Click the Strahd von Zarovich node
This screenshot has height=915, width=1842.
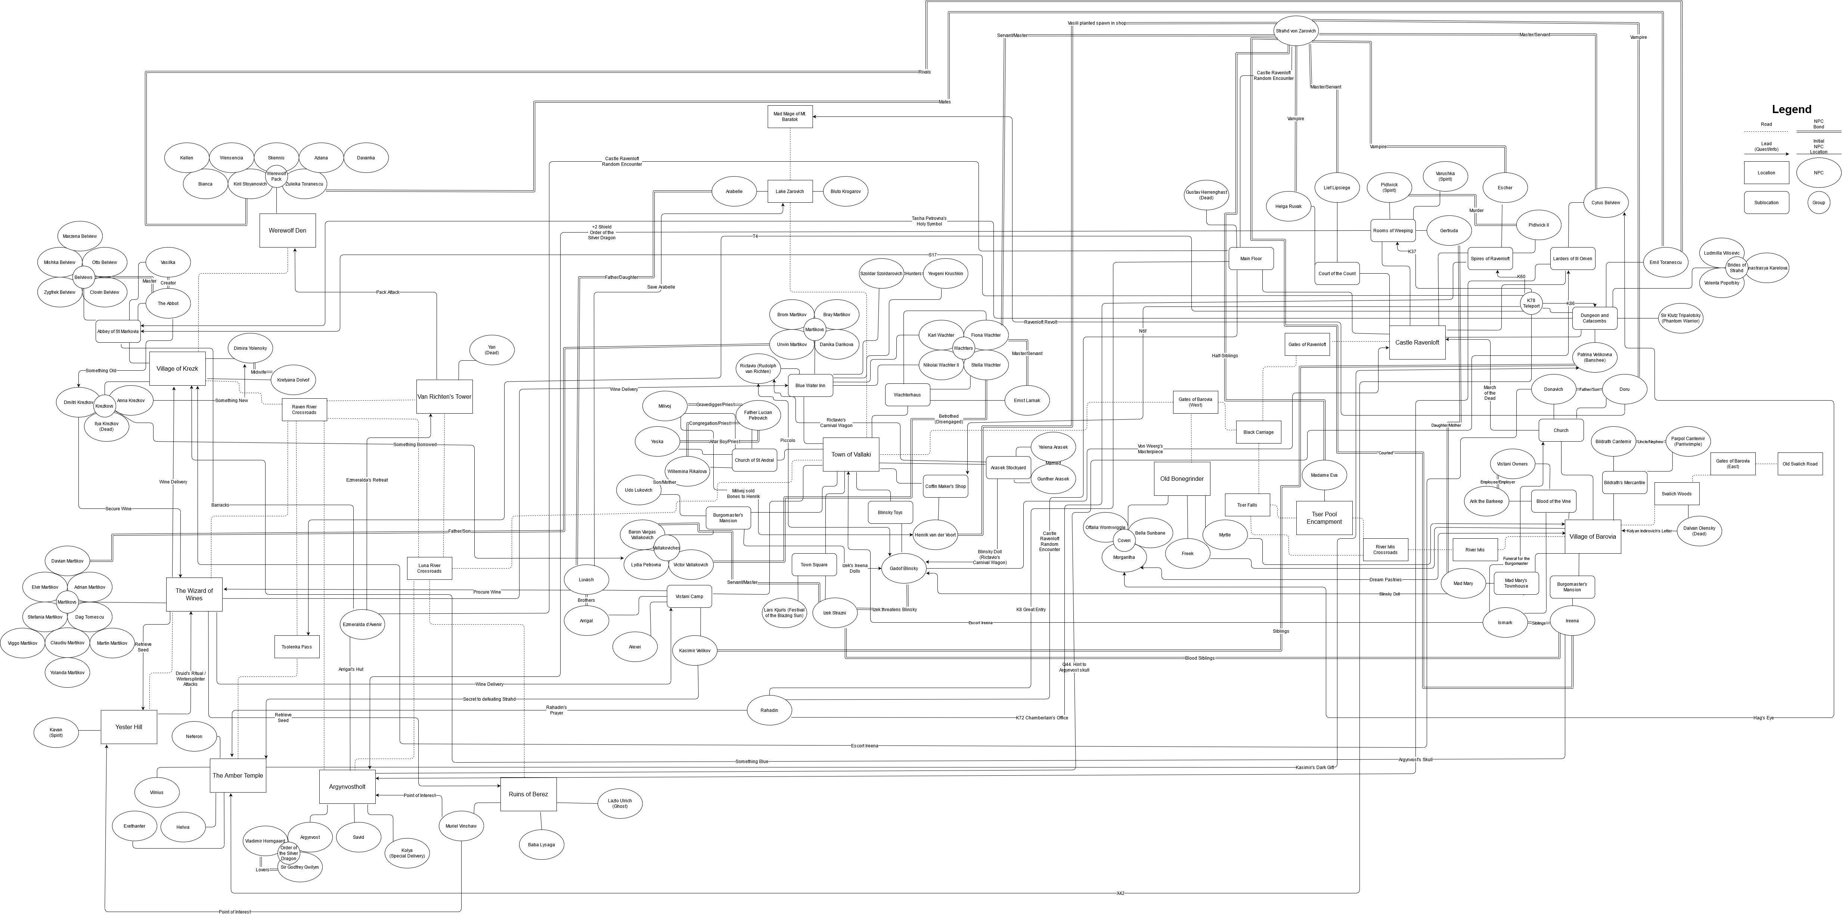tap(1295, 31)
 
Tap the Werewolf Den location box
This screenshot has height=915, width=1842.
tap(288, 230)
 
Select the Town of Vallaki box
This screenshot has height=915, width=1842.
tap(850, 455)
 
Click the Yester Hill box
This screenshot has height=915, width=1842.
tap(129, 727)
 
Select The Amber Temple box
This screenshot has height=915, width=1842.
tap(238, 776)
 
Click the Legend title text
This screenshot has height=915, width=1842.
tap(1791, 109)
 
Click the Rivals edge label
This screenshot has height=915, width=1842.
tap(925, 72)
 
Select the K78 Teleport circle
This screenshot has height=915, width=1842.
tap(1531, 303)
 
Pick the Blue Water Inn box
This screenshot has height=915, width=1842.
tap(810, 385)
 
